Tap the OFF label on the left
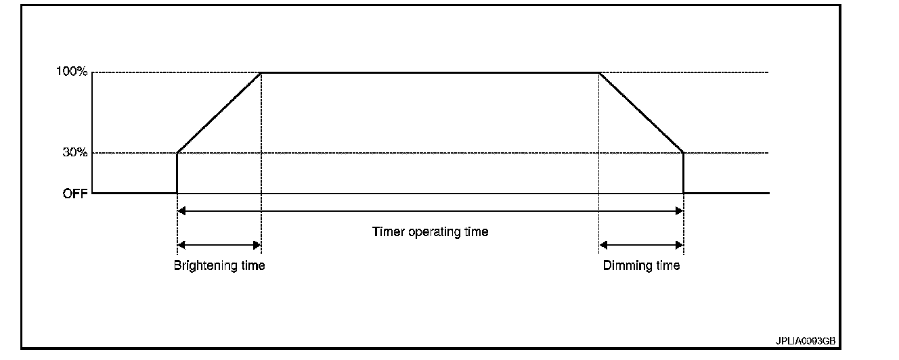click(x=76, y=193)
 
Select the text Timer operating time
click(x=430, y=231)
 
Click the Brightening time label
click(x=219, y=265)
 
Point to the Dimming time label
click(x=641, y=265)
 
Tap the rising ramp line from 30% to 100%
click(x=219, y=113)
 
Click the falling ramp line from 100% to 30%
click(x=641, y=113)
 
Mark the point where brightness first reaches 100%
click(x=261, y=72)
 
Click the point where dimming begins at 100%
click(x=599, y=72)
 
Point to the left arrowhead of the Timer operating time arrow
click(x=181, y=211)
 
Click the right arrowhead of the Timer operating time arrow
click(x=679, y=211)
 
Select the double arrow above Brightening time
click(x=219, y=244)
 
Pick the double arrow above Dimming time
click(x=641, y=244)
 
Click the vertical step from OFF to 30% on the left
click(x=177, y=173)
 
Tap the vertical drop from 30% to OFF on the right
click(x=684, y=173)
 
